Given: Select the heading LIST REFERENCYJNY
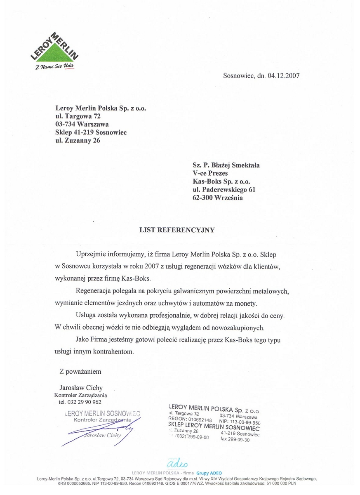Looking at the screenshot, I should point(177,230).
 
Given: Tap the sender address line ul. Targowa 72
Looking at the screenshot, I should point(78,116).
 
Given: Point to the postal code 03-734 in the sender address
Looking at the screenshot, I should point(65,124).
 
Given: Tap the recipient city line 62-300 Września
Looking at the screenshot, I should point(218,198).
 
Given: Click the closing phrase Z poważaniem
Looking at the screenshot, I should point(80,372).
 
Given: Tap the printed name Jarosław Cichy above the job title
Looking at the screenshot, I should point(81,388).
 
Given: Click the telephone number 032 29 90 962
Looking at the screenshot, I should point(80,402).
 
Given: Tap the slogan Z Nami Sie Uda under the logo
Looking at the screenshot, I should point(54,67).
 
